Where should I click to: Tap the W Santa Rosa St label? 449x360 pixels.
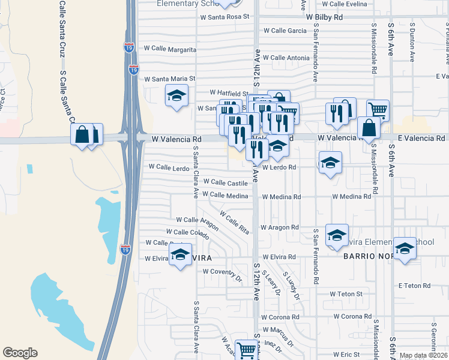point(224,17)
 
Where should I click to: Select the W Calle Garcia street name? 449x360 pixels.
point(285,31)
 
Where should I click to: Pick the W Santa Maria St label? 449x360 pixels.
point(166,79)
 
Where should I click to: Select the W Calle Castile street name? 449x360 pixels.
point(225,182)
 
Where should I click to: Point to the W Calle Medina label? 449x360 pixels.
point(225,195)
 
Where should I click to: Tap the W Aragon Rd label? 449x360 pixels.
point(279,227)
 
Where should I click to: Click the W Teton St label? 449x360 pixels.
point(346,294)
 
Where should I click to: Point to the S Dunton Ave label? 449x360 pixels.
point(412,43)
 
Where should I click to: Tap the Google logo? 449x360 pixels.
point(20,353)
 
